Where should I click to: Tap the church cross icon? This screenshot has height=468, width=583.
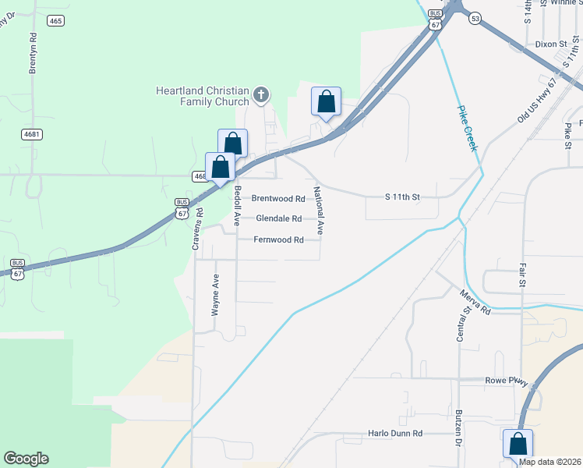(261, 96)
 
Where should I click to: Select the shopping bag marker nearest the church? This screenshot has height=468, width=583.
(326, 103)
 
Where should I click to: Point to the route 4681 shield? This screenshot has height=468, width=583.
(31, 134)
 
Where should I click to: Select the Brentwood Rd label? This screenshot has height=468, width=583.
(278, 199)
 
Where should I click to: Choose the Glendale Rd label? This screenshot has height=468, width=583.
(278, 219)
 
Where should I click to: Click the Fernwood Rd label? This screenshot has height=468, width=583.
(278, 240)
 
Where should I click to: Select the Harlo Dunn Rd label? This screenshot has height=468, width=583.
(395, 434)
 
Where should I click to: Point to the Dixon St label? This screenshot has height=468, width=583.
(550, 44)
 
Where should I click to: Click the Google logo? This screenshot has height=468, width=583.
(26, 459)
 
